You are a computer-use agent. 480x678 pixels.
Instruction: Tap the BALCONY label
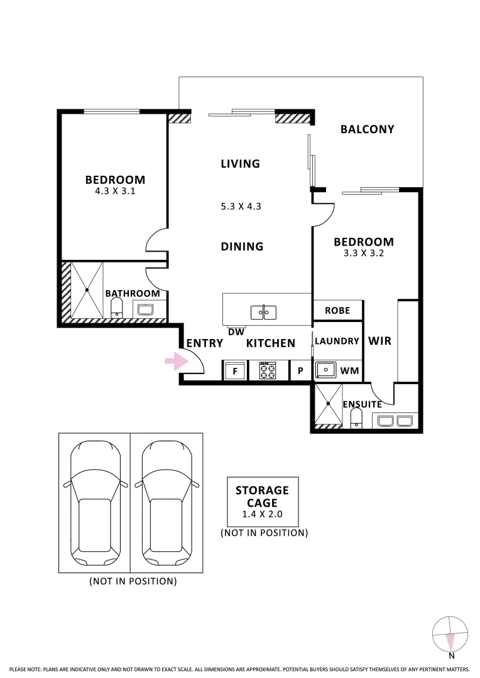coord(367,129)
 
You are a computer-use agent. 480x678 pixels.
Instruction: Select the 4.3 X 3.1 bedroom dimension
coord(115,191)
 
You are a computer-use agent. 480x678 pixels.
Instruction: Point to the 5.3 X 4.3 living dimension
coord(241,207)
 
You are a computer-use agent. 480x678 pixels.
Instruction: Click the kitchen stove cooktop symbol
coord(268,370)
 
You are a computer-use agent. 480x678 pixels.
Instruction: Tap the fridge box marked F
coord(235,370)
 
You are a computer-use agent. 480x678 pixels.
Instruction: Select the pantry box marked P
coord(300,370)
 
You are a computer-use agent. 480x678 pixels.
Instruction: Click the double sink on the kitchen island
coord(264,312)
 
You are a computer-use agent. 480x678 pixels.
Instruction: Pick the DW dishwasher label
coord(236,332)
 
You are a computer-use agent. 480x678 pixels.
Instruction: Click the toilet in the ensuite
coord(356,419)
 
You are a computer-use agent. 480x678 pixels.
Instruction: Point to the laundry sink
coord(325,370)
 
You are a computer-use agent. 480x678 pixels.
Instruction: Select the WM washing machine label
coord(349,370)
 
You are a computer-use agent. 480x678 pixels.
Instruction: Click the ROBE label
coord(337,311)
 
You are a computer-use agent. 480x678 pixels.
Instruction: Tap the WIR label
coord(379,341)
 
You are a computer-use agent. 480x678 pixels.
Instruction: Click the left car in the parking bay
coord(95,503)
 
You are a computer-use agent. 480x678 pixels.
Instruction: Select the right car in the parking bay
coord(166,503)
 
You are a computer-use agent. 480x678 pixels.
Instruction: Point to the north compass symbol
coord(450,635)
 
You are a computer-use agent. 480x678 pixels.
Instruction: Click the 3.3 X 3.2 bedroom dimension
coord(364,254)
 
